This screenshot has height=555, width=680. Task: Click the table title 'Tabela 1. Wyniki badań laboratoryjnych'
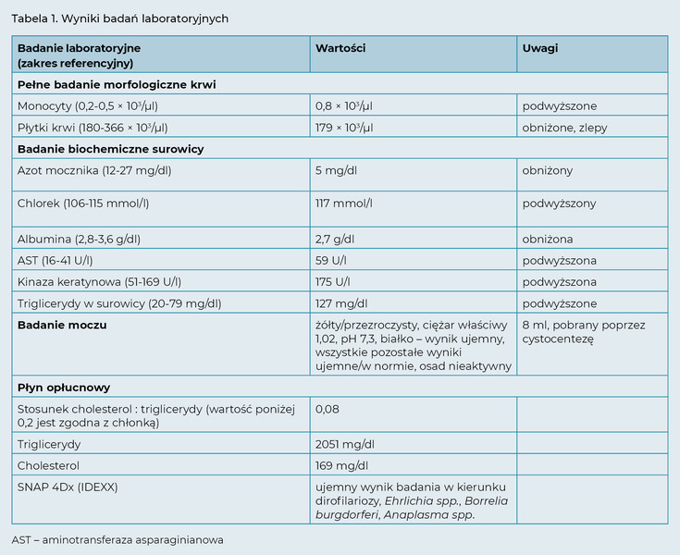120,18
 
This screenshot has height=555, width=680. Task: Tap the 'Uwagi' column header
540,47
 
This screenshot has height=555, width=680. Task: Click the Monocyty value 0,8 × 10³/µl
344,106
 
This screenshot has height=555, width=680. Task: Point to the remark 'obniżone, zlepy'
564,128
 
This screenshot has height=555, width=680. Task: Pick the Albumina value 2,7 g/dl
335,239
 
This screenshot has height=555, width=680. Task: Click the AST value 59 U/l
331,260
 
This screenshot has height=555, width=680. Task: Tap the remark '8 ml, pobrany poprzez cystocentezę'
584,332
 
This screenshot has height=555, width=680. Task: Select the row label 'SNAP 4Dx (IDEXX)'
68,487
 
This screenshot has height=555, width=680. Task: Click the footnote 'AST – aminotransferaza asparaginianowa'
117,539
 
